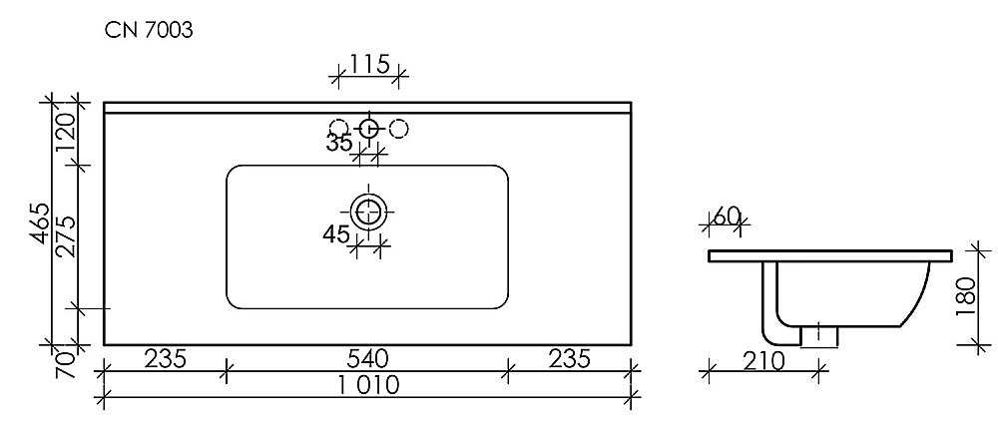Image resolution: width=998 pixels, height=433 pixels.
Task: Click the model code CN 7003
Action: point(150,31)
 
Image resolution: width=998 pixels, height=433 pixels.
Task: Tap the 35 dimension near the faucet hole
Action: point(339,143)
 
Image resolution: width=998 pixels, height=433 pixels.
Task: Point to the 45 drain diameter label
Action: point(335,235)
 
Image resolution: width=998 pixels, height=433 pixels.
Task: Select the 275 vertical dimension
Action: point(67,236)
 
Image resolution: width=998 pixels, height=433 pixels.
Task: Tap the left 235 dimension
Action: point(166,358)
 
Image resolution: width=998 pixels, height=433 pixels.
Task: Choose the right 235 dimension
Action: point(569,358)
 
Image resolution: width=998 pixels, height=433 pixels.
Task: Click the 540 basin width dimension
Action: point(367,358)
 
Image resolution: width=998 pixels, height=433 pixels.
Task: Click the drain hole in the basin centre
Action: point(369,212)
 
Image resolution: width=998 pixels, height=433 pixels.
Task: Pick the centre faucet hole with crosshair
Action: point(368,128)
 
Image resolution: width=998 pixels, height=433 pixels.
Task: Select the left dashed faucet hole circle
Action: point(339,128)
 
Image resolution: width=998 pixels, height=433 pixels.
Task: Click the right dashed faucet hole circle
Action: point(398,128)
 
